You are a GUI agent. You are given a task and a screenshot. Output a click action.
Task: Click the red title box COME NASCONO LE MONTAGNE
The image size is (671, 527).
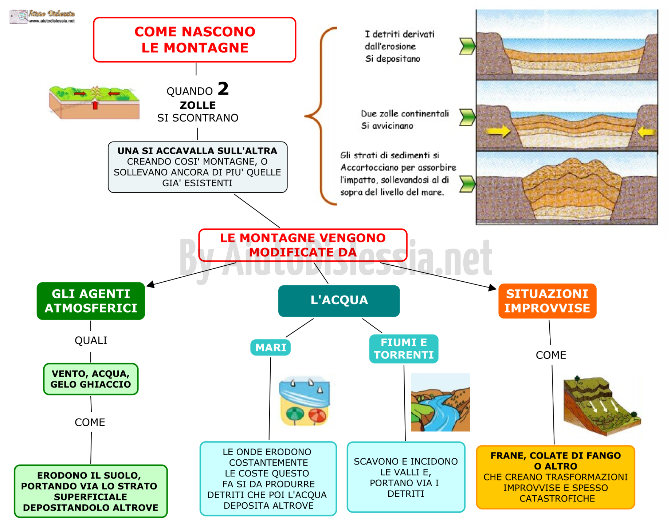click(195, 40)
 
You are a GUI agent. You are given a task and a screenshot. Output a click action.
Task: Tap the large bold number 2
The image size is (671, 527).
click(223, 88)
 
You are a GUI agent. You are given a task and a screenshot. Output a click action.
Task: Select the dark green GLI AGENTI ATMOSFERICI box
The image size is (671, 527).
click(91, 301)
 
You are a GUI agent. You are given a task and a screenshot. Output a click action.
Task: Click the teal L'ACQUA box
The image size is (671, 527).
click(339, 301)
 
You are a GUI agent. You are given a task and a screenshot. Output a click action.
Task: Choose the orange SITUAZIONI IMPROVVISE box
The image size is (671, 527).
click(547, 301)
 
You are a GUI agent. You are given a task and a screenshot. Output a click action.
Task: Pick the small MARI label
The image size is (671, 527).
click(270, 348)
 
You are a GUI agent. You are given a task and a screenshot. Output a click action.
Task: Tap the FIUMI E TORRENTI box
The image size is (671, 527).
click(404, 349)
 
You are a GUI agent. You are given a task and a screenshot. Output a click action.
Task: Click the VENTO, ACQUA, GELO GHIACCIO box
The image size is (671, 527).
click(91, 379)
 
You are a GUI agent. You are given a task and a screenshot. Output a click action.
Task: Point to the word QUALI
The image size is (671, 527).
click(91, 341)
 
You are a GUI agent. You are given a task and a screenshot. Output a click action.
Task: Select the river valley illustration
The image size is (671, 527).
click(440, 402)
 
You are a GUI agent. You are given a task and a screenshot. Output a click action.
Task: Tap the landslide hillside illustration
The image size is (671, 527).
click(602, 406)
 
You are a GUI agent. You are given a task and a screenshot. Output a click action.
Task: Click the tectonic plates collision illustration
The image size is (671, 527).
click(94, 102)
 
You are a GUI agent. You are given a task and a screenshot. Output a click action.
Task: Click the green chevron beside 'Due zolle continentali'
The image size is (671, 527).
click(467, 117)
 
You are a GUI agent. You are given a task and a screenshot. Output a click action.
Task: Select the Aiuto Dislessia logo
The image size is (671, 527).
click(42, 16)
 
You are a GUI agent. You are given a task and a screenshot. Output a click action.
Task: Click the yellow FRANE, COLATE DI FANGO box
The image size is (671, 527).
click(556, 477)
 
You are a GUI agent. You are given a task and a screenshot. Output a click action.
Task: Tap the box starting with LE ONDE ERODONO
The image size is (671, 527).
click(268, 479)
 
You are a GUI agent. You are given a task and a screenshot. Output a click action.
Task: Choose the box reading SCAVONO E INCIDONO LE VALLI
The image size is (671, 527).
click(406, 477)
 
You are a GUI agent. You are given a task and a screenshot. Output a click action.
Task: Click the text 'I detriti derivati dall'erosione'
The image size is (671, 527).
click(400, 40)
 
